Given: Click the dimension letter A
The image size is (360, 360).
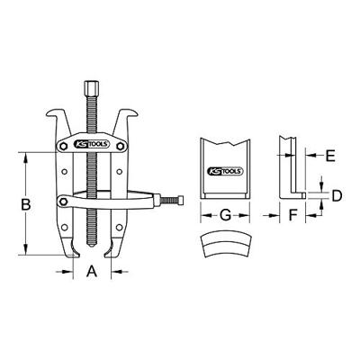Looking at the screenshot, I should pyautogui.click(x=90, y=270).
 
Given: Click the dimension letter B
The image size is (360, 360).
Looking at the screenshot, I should pyautogui.click(x=27, y=205).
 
